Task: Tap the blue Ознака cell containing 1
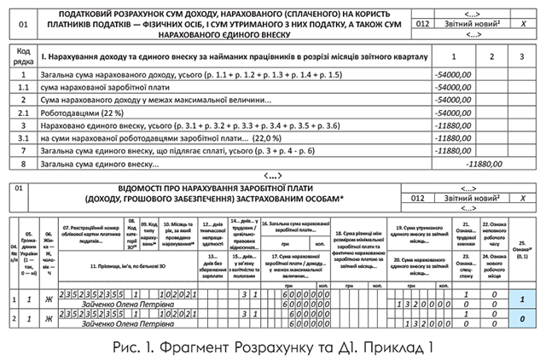[x=521, y=299]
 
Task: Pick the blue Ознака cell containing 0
[x=521, y=318]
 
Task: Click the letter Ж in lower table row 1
[x=50, y=299]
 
